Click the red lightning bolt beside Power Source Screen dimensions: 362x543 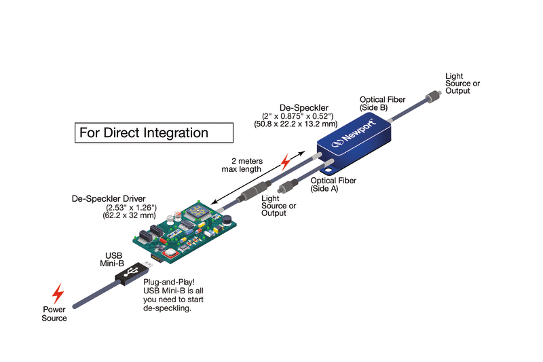tap(59, 293)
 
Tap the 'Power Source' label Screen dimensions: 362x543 tap(55, 314)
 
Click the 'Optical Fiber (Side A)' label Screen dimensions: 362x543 tap(332, 185)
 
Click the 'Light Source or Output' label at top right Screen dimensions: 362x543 tap(462, 83)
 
